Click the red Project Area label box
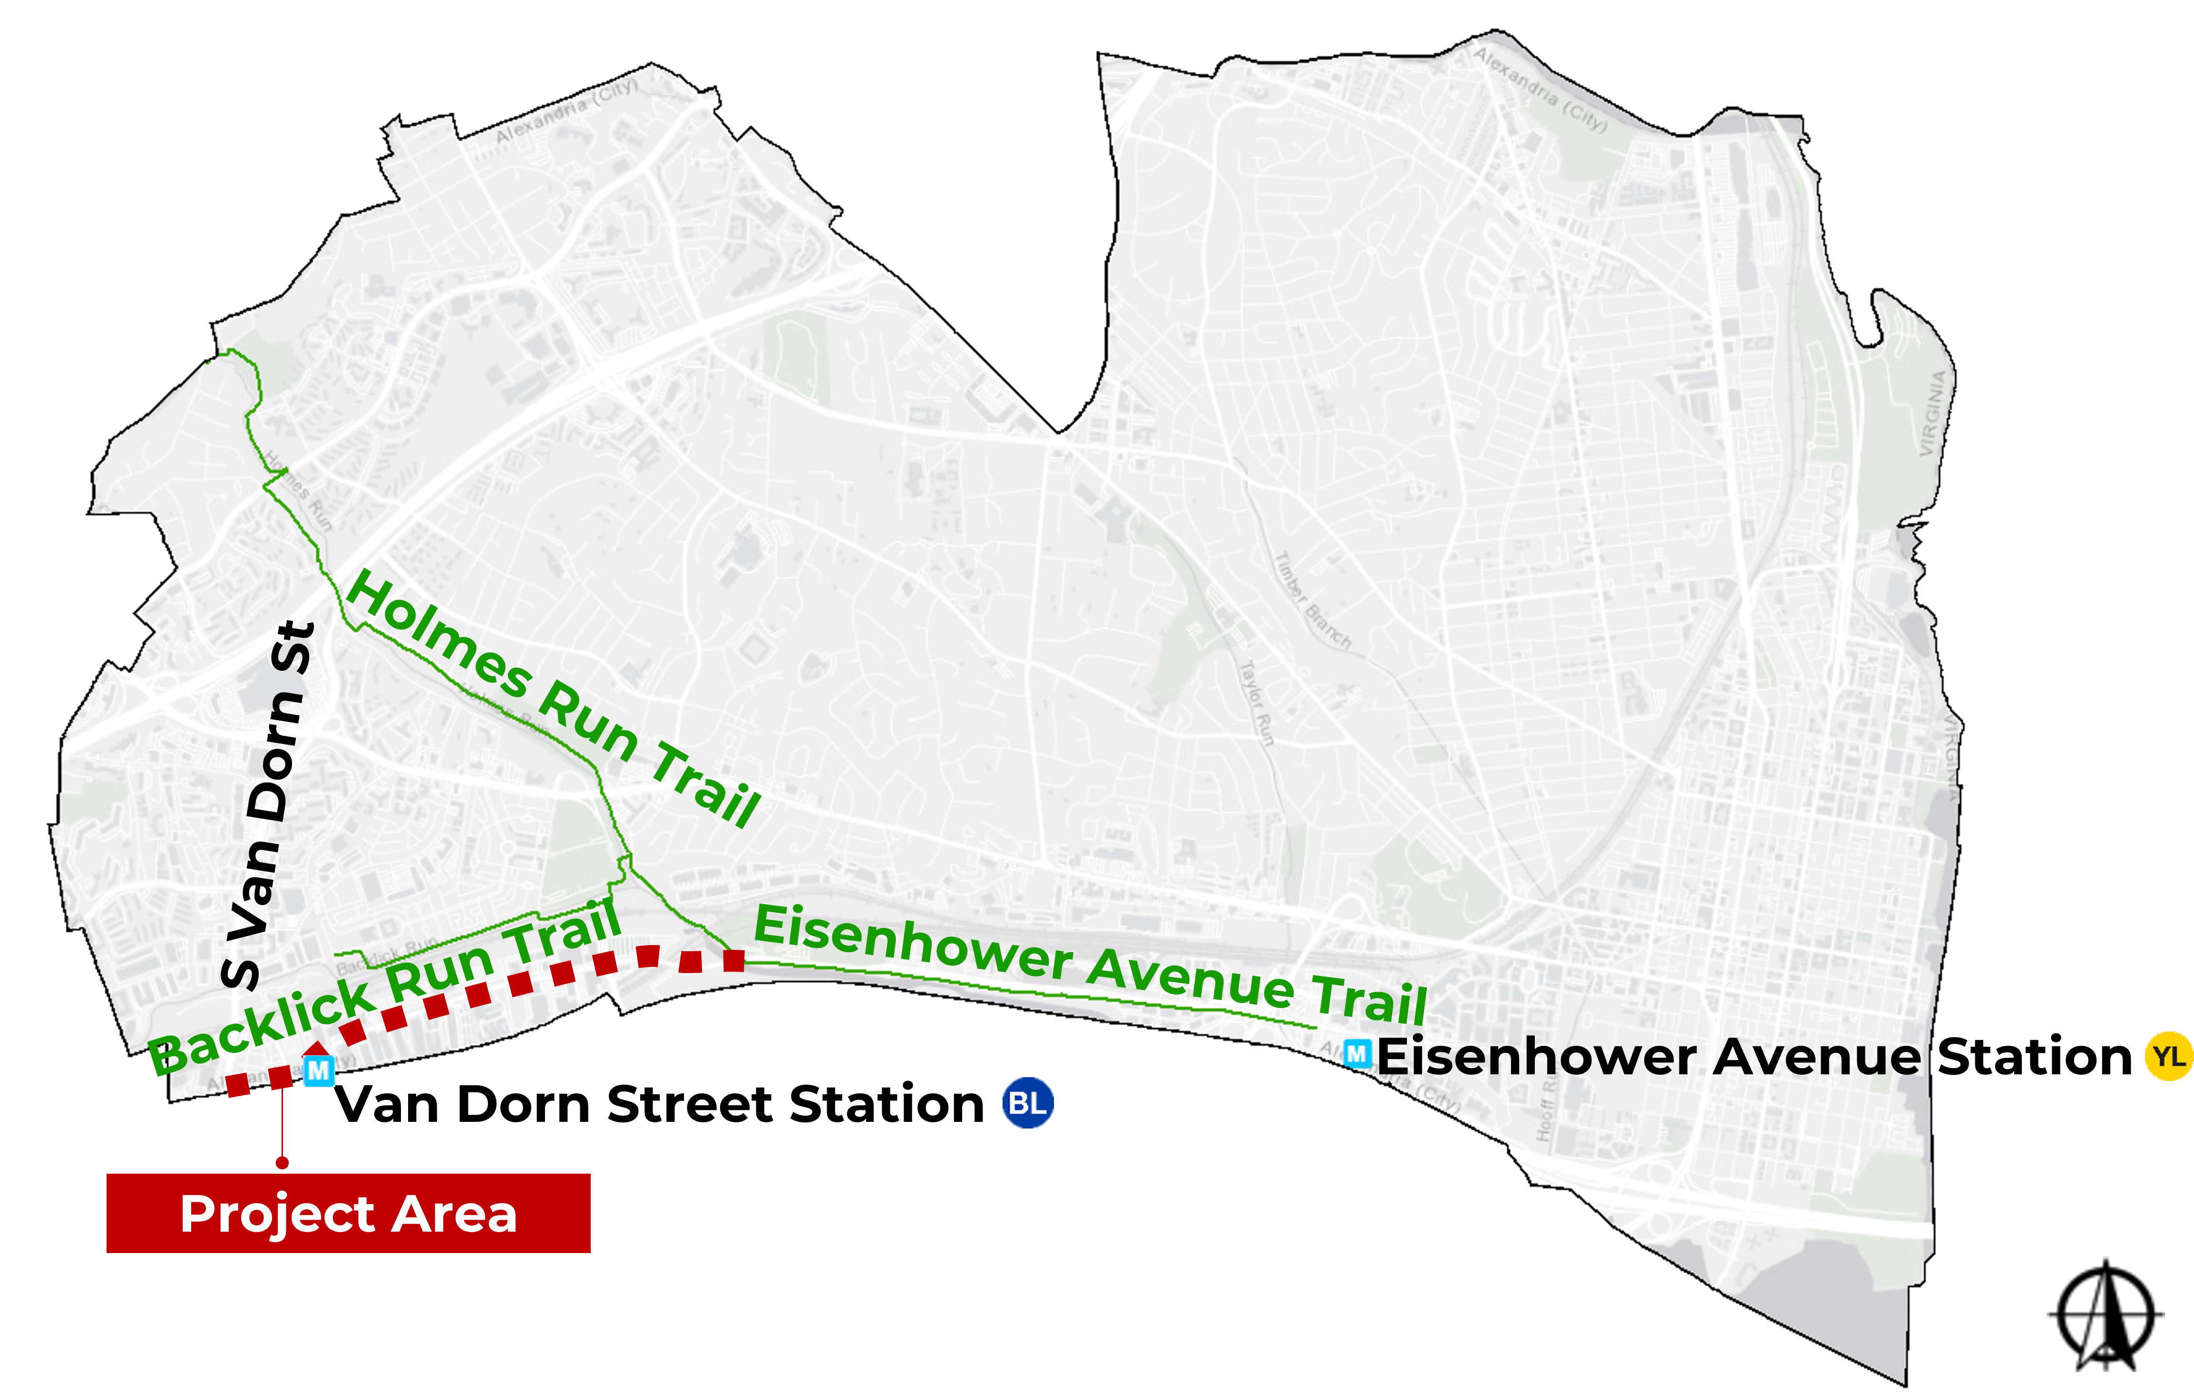coord(348,1213)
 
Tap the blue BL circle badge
coord(1028,1103)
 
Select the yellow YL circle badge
coord(2168,1057)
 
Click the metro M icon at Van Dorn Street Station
coord(318,1071)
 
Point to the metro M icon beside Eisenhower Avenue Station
coord(1356,1055)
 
